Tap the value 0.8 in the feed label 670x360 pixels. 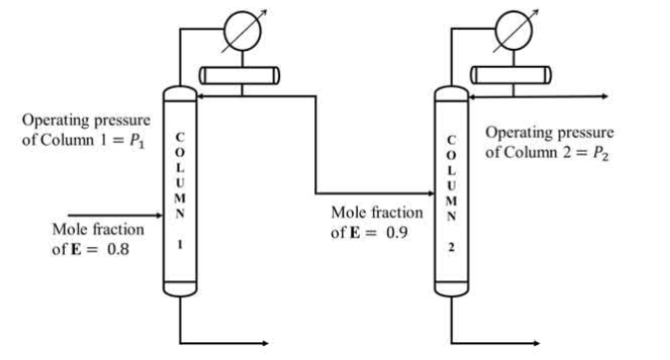(x=118, y=249)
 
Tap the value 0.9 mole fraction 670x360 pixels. (x=397, y=232)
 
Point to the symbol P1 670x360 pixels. (x=138, y=141)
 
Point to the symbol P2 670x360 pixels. (x=600, y=154)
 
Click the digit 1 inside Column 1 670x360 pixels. (x=179, y=244)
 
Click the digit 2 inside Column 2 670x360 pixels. (x=452, y=247)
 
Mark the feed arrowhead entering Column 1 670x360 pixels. (x=160, y=215)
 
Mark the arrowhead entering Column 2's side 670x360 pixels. (x=431, y=193)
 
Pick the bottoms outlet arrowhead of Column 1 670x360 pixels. (x=265, y=343)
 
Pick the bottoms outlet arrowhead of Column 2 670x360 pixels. (x=536, y=343)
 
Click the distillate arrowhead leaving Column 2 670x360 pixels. (x=604, y=97)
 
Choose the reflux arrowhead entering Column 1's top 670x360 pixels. (x=200, y=97)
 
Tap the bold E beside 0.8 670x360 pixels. (x=76, y=249)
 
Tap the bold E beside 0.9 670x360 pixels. (x=355, y=233)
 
